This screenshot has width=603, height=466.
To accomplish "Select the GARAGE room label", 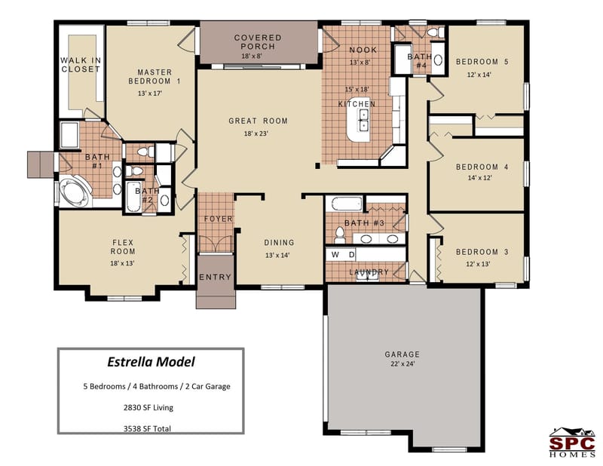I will [x=401, y=354].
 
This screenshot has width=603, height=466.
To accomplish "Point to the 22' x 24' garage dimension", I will [x=401, y=363].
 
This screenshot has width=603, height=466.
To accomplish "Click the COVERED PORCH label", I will [x=257, y=41].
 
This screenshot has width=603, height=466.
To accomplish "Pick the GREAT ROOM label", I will [x=258, y=121].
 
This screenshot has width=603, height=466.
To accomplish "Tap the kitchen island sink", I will [x=363, y=115].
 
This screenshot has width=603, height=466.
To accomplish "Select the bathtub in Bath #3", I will [x=344, y=204].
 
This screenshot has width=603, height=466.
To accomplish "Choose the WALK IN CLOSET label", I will [x=81, y=65].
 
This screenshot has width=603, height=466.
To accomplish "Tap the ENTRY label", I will [x=215, y=277].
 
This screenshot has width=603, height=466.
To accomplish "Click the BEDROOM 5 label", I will [x=482, y=62].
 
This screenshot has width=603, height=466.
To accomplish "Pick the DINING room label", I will [x=279, y=243].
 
